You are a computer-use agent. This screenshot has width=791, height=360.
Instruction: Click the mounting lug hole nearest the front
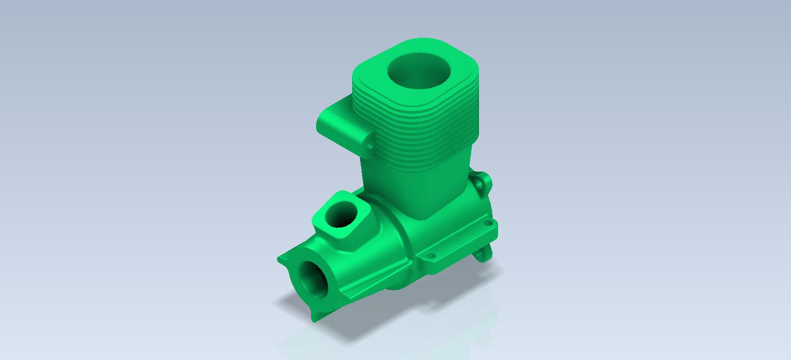(x=429, y=258)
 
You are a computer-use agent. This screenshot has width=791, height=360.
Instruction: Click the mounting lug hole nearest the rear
(x=489, y=223)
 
